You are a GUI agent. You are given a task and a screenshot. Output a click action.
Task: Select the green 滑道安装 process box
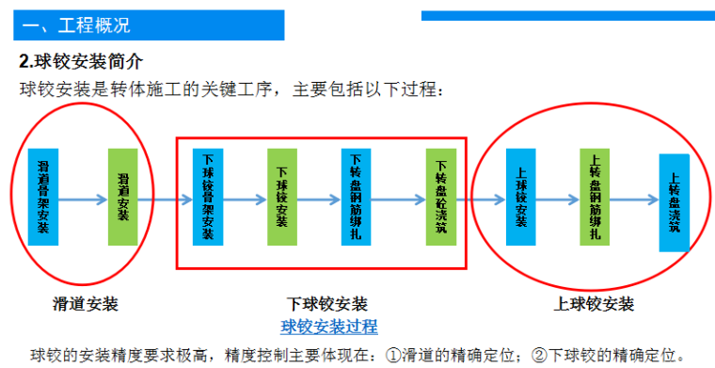pyautogui.click(x=123, y=197)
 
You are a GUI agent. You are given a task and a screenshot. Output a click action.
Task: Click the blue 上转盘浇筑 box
pyautogui.click(x=674, y=201)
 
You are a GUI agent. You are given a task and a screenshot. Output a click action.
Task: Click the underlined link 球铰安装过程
pyautogui.click(x=329, y=327)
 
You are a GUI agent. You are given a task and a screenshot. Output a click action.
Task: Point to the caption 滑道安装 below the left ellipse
pyautogui.click(x=86, y=304)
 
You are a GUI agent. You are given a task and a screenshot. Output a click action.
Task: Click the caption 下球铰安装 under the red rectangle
pyautogui.click(x=326, y=304)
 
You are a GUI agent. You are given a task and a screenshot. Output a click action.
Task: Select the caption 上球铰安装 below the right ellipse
pyautogui.click(x=594, y=304)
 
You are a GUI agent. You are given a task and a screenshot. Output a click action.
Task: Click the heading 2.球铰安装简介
pyautogui.click(x=82, y=62)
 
